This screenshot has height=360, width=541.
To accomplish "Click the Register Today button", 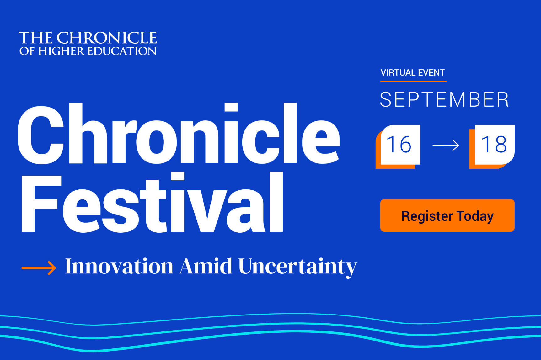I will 447,215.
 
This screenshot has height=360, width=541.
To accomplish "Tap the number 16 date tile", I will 400,145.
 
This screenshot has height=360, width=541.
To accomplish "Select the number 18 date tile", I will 494,145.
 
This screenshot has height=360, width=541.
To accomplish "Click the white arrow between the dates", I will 446,145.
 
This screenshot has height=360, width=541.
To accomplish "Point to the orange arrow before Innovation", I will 39,268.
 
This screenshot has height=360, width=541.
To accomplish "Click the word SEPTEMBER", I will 444,100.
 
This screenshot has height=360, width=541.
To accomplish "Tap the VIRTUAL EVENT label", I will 413,73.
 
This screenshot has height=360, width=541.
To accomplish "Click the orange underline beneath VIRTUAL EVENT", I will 413,82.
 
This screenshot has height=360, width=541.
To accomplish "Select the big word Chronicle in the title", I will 179,135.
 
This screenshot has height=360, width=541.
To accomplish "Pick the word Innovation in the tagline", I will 119,267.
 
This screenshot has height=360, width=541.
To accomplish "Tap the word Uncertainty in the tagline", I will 297,267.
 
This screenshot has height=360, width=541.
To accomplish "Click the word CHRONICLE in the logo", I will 107,38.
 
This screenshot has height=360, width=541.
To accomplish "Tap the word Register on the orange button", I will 427,216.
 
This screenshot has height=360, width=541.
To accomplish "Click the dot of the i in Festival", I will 178,176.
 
